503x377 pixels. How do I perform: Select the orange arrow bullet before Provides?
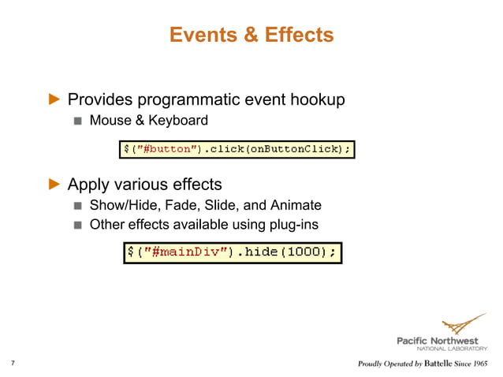pos(54,100)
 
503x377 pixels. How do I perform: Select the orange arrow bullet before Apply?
pos(54,185)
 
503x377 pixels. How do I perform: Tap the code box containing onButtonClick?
pos(236,148)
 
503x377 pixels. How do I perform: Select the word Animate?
pos(296,205)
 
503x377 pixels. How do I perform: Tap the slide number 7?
pos(13,364)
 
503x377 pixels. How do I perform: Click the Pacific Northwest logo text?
pos(441,341)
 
